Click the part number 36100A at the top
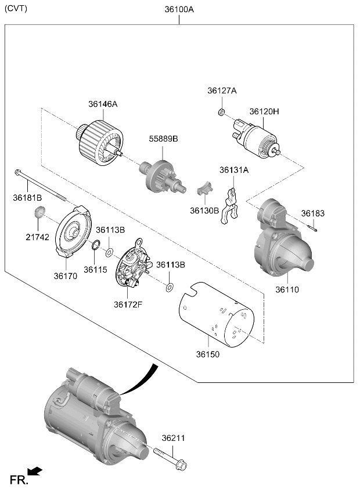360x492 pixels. (179, 10)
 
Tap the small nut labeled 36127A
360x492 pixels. (221, 111)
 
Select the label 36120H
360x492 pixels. (264, 111)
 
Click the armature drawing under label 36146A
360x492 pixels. (100, 143)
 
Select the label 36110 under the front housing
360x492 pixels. (287, 290)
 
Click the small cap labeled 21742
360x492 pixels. (39, 212)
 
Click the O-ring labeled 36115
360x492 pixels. (96, 244)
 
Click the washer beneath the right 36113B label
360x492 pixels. (170, 287)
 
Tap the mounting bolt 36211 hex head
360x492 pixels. (181, 465)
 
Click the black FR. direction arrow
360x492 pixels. (35, 471)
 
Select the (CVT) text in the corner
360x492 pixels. (16, 9)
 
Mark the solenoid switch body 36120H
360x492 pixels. (256, 138)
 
